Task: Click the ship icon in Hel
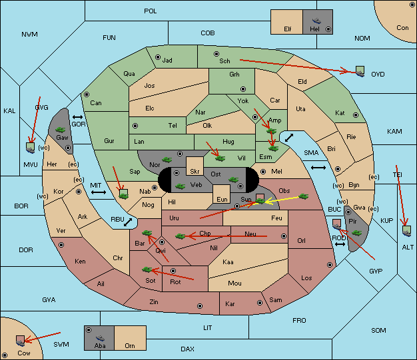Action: click(316, 21)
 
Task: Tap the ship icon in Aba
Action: click(101, 338)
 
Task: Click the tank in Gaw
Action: click(61, 129)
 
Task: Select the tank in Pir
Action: click(356, 233)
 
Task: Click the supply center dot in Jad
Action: click(158, 57)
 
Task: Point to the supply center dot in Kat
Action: click(356, 115)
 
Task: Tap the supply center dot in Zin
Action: click(200, 306)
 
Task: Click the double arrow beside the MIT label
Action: click(99, 192)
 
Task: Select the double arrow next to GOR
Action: click(78, 117)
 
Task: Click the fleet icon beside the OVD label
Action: click(360, 71)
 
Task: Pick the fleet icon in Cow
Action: click(20, 341)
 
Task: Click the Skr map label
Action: click(195, 172)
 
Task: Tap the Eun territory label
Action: click(222, 199)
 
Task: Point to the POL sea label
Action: click(151, 11)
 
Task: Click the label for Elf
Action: click(288, 29)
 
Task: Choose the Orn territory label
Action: click(130, 345)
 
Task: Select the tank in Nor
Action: click(167, 160)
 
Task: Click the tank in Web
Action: click(180, 186)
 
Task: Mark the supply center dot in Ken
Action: click(61, 245)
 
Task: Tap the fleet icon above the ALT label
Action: click(406, 231)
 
